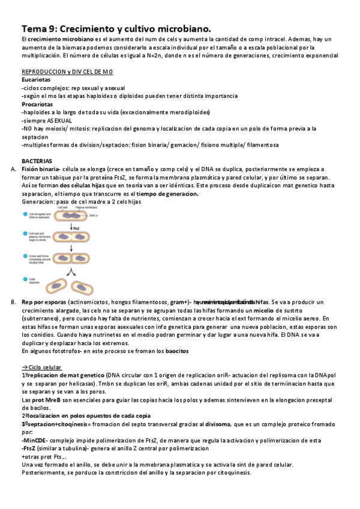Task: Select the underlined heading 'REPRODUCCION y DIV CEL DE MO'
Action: point(67,72)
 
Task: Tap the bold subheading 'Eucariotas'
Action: point(36,80)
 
